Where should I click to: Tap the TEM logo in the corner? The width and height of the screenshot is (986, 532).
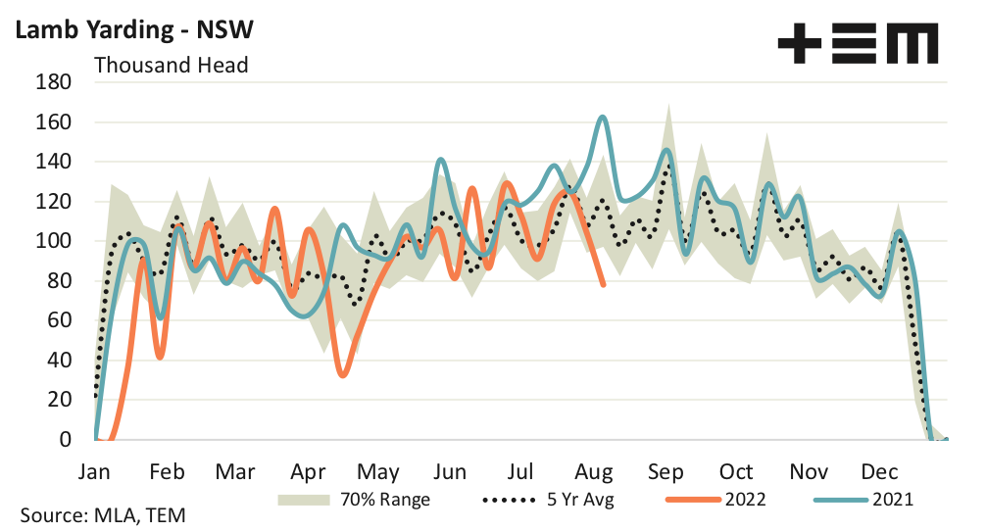[x=857, y=44]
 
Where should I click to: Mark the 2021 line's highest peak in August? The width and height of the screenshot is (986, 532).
[x=603, y=118]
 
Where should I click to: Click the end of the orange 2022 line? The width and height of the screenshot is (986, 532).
[x=603, y=284]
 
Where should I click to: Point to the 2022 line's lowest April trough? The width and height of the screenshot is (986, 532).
[x=342, y=374]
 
